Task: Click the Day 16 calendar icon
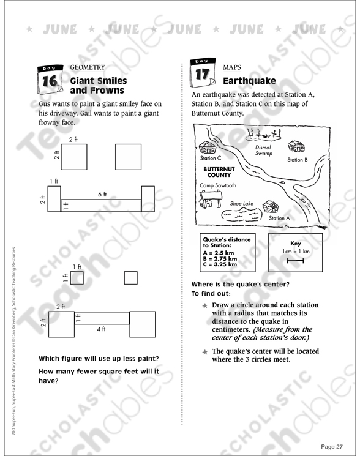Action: click(x=50, y=80)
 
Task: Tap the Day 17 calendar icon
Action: click(x=203, y=73)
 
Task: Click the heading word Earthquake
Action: click(x=249, y=81)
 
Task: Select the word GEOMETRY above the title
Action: click(x=88, y=67)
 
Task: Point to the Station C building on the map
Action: click(x=208, y=148)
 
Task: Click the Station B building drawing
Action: click(x=296, y=146)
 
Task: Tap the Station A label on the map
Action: click(x=279, y=218)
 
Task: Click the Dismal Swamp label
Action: click(x=264, y=151)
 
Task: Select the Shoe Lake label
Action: click(x=242, y=204)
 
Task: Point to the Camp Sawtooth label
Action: click(x=218, y=185)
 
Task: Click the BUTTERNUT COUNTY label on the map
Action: click(x=219, y=172)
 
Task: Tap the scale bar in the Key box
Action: click(x=295, y=261)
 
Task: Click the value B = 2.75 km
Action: click(x=220, y=258)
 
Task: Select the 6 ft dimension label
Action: click(x=102, y=194)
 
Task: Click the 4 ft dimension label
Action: click(x=101, y=329)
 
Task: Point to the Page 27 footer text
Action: click(x=332, y=446)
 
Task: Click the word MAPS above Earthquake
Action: click(x=232, y=67)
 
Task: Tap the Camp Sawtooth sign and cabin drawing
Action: click(x=211, y=199)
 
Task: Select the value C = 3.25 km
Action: click(x=220, y=264)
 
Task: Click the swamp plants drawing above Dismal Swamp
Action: click(x=264, y=135)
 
